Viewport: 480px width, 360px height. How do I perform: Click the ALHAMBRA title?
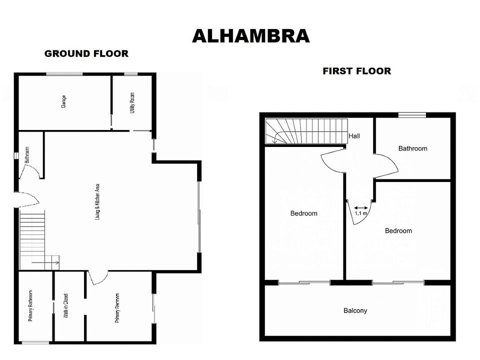coord(250,36)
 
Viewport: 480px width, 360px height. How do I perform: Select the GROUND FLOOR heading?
coord(86,53)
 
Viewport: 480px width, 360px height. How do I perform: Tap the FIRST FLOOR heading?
coord(357,71)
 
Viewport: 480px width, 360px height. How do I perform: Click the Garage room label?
coord(63,101)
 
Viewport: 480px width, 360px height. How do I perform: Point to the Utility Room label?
coord(132,103)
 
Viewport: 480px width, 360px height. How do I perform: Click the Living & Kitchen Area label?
coord(97,201)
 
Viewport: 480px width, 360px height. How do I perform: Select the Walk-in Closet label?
coord(66,305)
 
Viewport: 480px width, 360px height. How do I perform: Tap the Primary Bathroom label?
coord(30,306)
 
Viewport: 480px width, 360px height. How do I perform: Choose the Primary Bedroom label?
coord(117,308)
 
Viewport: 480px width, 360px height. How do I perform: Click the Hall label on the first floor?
coord(354,136)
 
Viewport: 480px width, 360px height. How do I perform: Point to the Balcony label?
coord(355,310)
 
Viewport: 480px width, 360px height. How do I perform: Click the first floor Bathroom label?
coord(412,148)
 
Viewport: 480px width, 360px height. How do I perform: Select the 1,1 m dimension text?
coord(360,213)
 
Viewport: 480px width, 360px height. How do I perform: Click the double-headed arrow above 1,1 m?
coord(361,208)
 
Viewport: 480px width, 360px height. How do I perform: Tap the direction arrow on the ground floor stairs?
coord(45,262)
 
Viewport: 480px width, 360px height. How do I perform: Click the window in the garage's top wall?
coord(64,74)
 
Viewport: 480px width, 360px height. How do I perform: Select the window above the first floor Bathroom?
coord(412,115)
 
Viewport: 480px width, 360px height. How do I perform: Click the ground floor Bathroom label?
coord(27,155)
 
